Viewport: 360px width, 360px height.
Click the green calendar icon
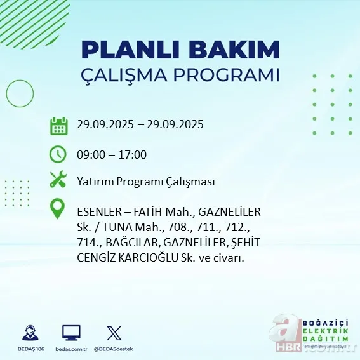pos(58,125)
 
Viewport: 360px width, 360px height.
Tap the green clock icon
pos(58,154)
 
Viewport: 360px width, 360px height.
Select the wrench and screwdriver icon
pos(58,180)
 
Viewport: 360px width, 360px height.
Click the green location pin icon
pos(58,209)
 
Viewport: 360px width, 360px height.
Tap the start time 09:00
pos(89,154)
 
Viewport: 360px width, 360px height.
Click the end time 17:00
pos(133,154)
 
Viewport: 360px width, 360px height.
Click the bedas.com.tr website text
pos(71,350)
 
